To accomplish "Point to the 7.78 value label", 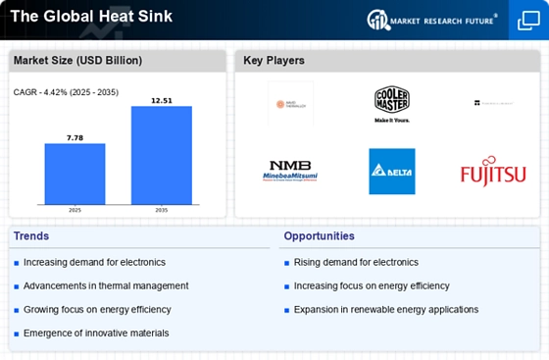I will coord(75,138).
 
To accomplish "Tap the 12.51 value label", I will coord(162,100).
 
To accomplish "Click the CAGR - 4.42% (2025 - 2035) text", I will coord(64,92).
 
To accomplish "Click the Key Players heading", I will coord(275,61).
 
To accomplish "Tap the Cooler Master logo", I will coord(391,103).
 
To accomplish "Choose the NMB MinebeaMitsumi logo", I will coord(291,172).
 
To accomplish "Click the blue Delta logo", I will coord(391,172).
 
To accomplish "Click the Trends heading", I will coord(31,235).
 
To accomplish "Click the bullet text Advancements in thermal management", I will coord(105,285).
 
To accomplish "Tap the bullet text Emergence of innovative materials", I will coord(95,333).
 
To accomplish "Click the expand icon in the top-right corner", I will coord(527,20).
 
